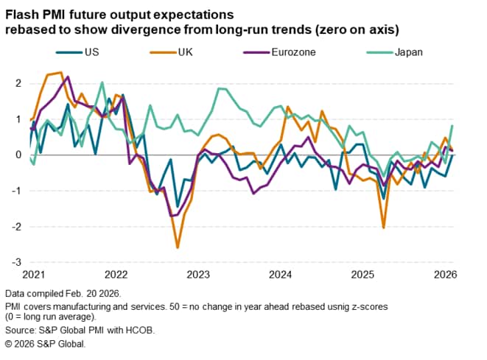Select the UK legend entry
(174, 52)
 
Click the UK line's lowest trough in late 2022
(177, 247)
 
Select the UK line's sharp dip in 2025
(384, 227)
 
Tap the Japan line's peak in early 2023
(220, 88)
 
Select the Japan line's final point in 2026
(452, 126)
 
